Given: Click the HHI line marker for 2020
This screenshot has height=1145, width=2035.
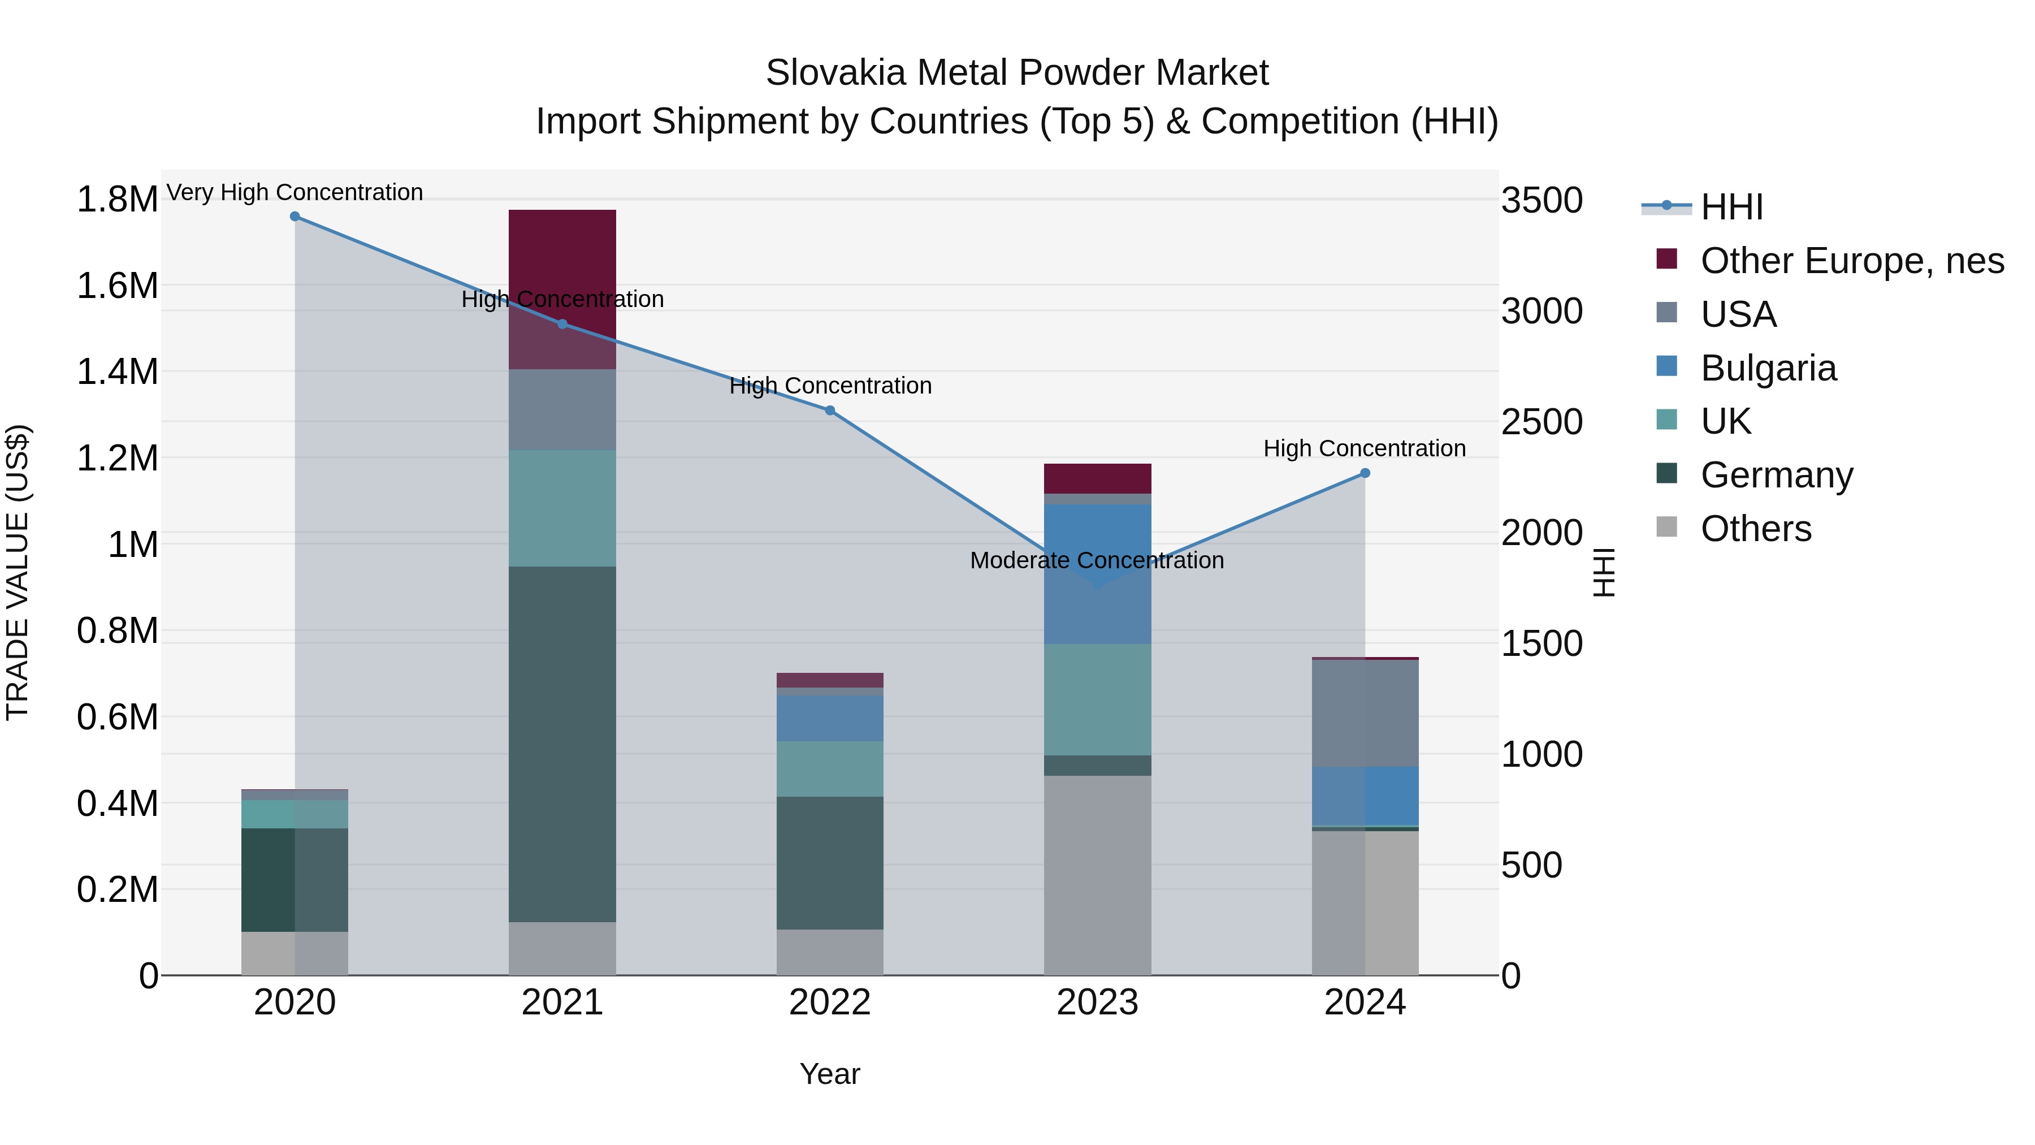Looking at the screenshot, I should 295,217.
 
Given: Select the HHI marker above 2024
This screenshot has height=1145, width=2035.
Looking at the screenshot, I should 1365,473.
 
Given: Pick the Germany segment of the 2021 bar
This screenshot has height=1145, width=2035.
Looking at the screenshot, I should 562,743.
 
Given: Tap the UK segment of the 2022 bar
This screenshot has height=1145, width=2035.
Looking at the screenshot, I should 829,769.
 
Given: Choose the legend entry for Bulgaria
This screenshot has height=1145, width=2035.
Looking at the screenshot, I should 1768,368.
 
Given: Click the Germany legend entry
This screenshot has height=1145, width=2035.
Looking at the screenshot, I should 1776,475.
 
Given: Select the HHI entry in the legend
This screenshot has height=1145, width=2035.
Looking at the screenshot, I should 1731,207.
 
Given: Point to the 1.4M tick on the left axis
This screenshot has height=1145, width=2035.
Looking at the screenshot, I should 117,371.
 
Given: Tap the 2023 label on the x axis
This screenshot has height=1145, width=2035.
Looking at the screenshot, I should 1097,1003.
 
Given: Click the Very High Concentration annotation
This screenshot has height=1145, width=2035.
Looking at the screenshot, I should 295,192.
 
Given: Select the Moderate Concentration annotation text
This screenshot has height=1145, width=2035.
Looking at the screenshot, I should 1097,560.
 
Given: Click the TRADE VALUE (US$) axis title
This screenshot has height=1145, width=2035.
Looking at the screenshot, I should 18,572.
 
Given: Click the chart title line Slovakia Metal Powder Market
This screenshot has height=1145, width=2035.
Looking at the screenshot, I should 1017,73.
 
